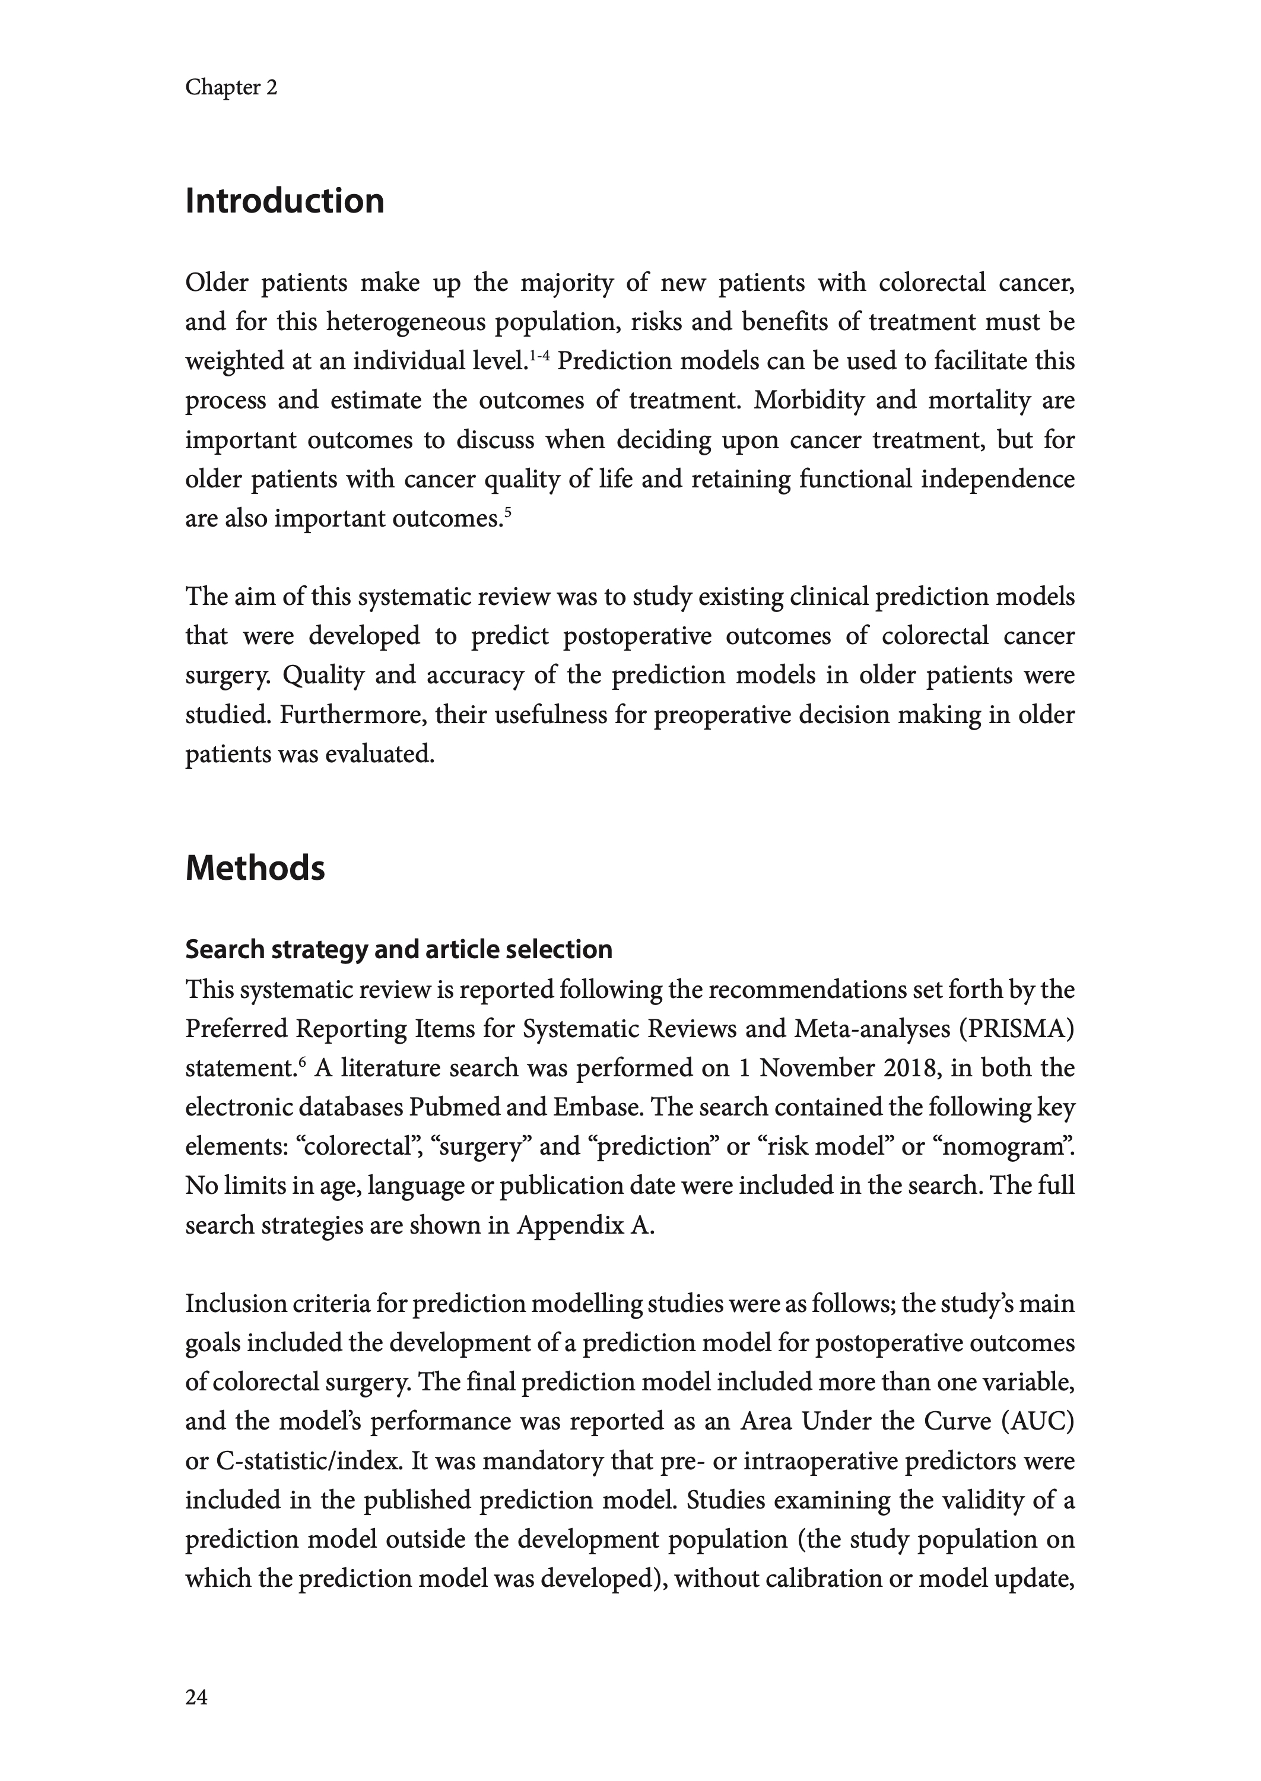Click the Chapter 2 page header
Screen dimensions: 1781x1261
(x=231, y=88)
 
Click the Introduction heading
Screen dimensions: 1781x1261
(x=284, y=201)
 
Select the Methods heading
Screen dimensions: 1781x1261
(x=255, y=867)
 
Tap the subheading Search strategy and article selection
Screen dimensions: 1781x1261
(x=398, y=949)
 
